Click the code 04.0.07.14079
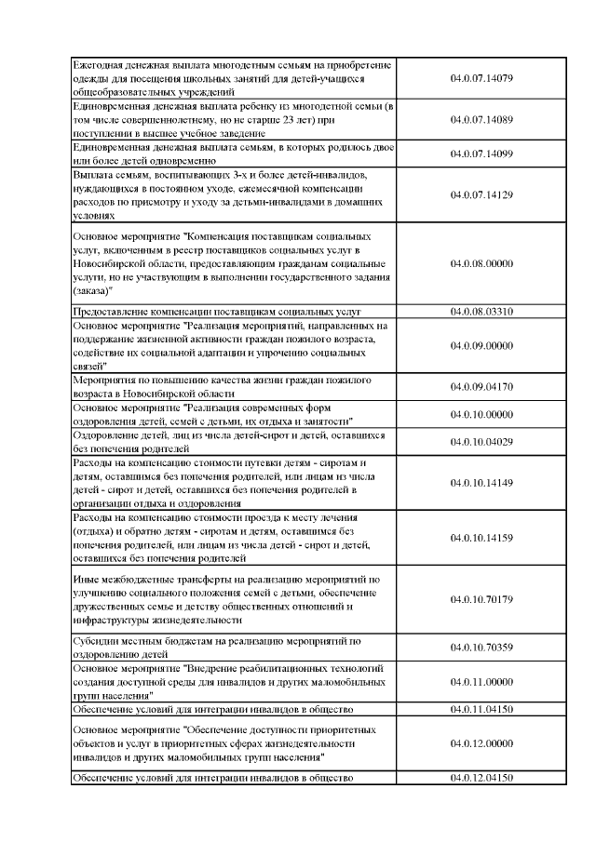[x=481, y=79]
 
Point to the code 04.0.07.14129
[x=481, y=194]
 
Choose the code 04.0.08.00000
[x=481, y=263]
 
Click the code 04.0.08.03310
[x=481, y=311]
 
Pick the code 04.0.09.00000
[x=481, y=346]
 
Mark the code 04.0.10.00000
[x=481, y=414]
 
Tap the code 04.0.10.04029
[x=481, y=441]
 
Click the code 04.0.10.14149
[x=481, y=482]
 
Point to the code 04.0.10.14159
[x=481, y=537]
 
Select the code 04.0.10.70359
[x=481, y=647]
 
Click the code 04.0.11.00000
[x=481, y=681]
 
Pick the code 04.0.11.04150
[x=481, y=709]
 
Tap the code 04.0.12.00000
[x=481, y=743]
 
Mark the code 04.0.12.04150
[x=481, y=777]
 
